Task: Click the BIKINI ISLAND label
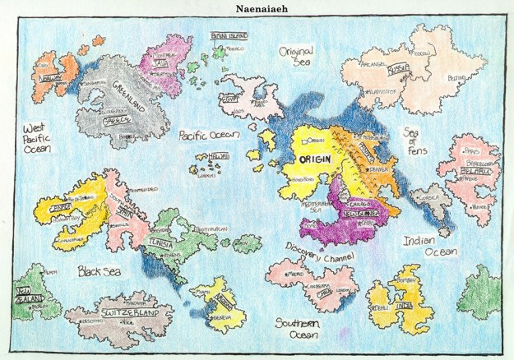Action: click(x=223, y=38)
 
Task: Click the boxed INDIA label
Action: click(x=402, y=307)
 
